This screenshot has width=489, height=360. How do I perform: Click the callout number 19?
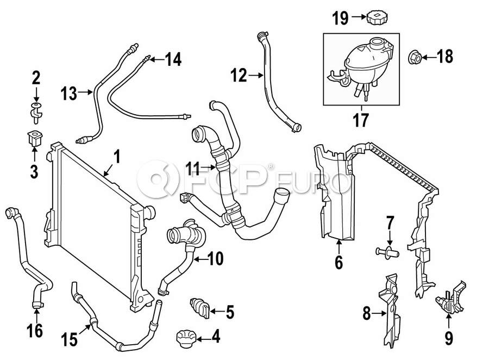tap(340, 18)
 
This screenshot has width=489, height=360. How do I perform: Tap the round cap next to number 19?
tap(376, 17)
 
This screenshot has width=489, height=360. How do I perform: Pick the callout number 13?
tap(69, 94)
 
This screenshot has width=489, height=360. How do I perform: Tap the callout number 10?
tap(215, 259)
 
